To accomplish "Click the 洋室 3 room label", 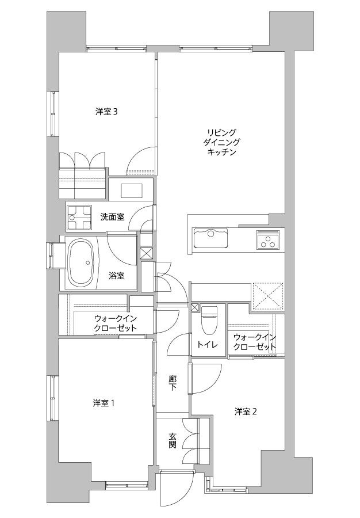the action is click(106, 112).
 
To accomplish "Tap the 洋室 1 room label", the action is click(104, 403).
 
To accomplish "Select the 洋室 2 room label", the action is click(246, 412).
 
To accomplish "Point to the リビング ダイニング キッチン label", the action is click(222, 142).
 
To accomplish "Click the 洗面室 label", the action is click(113, 217).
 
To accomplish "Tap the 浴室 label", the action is click(117, 275).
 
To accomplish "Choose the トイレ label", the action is click(207, 345).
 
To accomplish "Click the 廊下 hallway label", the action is click(173, 383).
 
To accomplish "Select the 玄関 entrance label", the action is click(173, 441).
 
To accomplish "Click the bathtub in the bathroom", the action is click(81, 263).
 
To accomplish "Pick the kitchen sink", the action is click(211, 238).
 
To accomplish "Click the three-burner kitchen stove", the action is click(267, 240).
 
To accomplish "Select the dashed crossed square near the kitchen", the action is click(267, 296).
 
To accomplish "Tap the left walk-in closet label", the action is click(116, 323).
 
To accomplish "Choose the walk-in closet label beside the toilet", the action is click(254, 342).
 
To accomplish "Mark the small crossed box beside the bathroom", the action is click(147, 253).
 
